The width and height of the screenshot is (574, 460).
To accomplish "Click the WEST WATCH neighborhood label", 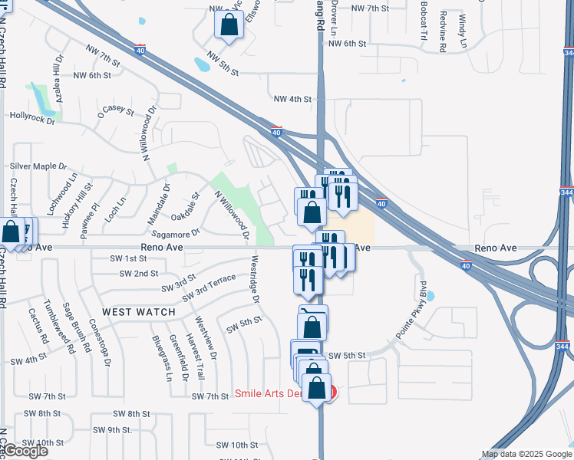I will coord(138,312).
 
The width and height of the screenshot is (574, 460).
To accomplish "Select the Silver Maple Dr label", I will coord(38,166).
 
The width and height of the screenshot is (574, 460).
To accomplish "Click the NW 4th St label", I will coord(292,99).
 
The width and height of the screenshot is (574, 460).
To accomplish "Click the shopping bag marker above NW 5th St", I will coord(229,25).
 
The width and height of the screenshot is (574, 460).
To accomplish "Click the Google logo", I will coord(25,451).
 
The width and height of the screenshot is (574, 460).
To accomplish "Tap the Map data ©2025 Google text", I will coord(526,454).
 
